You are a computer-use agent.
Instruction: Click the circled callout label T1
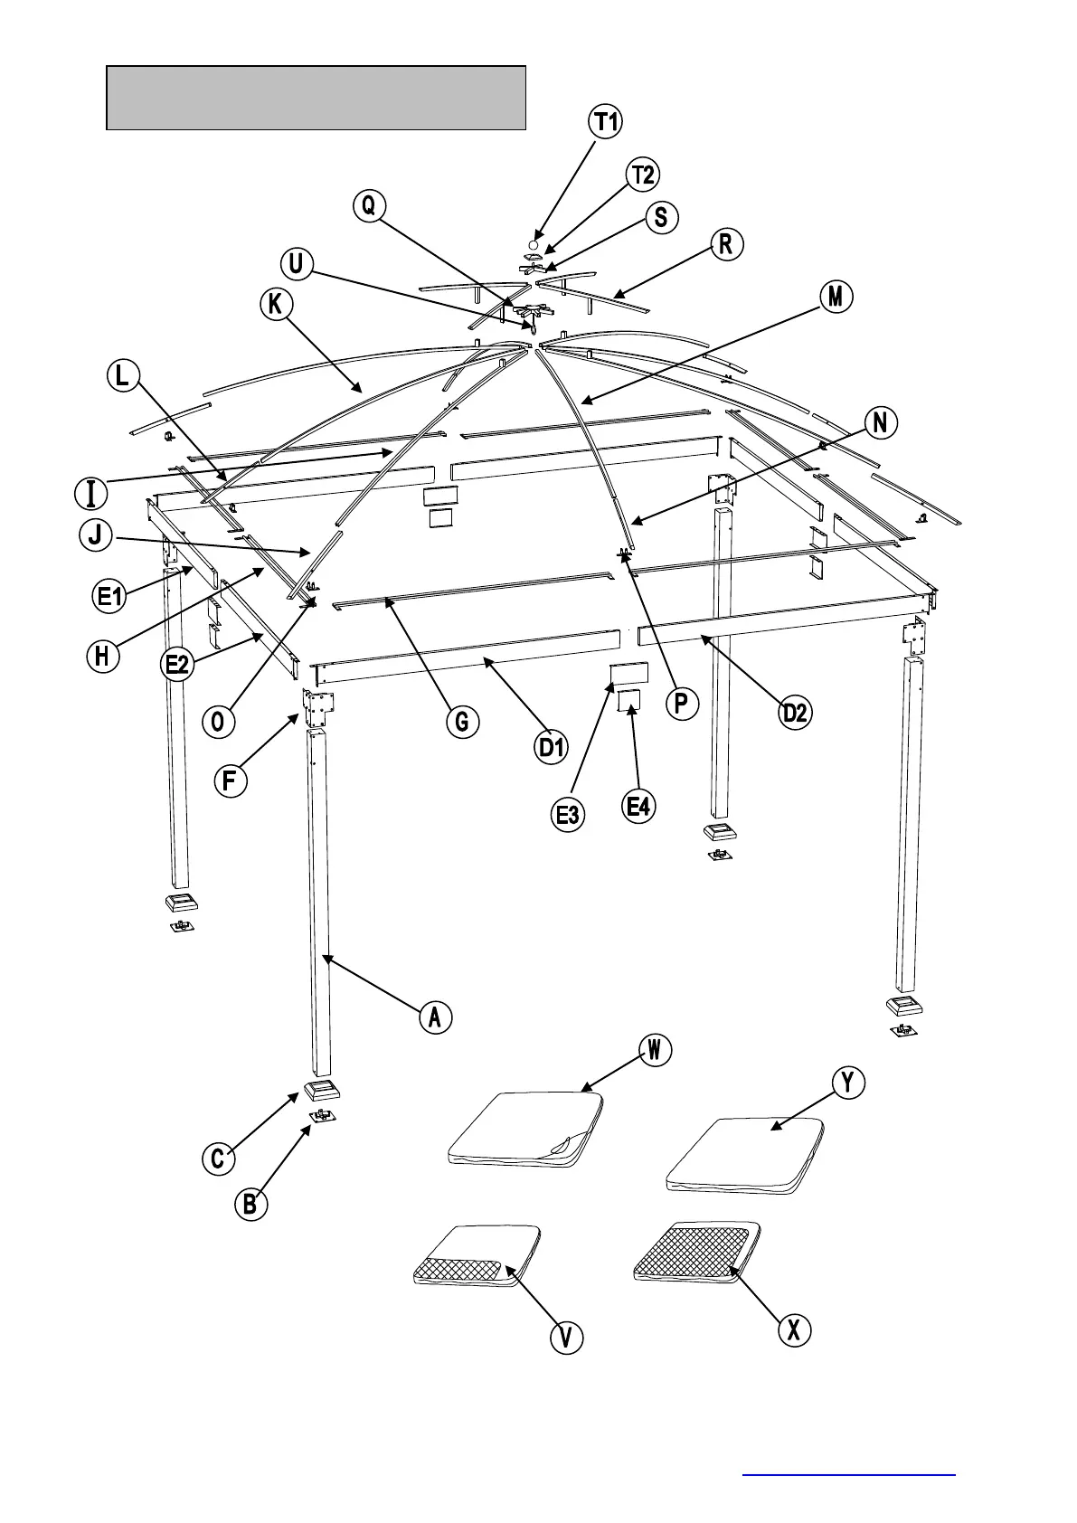tap(606, 121)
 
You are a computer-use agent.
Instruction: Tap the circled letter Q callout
tap(368, 206)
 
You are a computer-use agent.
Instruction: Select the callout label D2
tap(795, 713)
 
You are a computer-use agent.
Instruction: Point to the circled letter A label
tap(435, 1017)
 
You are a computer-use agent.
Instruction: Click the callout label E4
tap(639, 806)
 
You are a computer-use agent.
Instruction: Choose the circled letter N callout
tap(881, 422)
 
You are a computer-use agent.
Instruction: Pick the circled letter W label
tap(655, 1050)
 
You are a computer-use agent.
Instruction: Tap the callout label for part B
tap(250, 1205)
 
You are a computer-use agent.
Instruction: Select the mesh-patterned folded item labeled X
tap(697, 1252)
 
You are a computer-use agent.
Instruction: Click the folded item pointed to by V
tap(477, 1254)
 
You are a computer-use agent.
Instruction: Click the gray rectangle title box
tap(316, 98)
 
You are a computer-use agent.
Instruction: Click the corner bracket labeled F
tap(319, 709)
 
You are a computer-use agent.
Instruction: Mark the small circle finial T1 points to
tap(534, 244)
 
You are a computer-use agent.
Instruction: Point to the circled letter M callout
tap(836, 297)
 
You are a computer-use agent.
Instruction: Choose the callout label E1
tap(110, 596)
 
